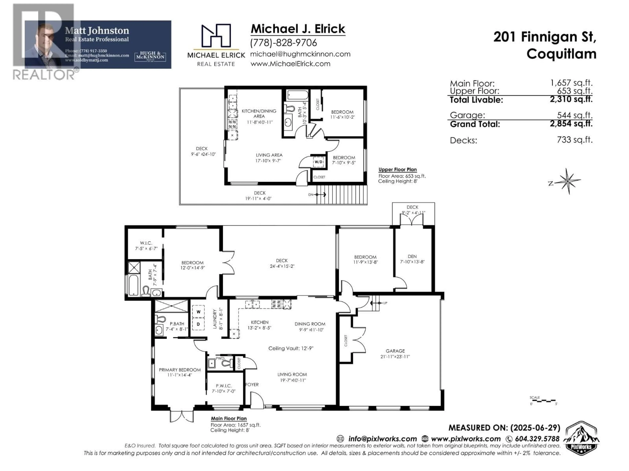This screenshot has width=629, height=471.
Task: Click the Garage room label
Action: click(395, 351)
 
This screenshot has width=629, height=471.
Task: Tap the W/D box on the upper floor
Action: click(318, 162)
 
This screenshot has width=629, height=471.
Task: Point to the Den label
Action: click(412, 256)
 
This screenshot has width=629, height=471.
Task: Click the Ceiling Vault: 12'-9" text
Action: click(291, 348)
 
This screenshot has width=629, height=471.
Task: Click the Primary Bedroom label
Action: click(180, 370)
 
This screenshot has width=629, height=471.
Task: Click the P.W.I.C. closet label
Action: click(224, 385)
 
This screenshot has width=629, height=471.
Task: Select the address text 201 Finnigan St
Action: click(544, 37)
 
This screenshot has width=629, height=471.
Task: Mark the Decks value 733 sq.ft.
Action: click(574, 140)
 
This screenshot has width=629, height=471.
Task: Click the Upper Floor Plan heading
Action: click(398, 169)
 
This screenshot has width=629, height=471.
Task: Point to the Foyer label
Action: click(252, 384)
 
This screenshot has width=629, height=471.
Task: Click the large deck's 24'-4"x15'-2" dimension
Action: click(282, 266)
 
